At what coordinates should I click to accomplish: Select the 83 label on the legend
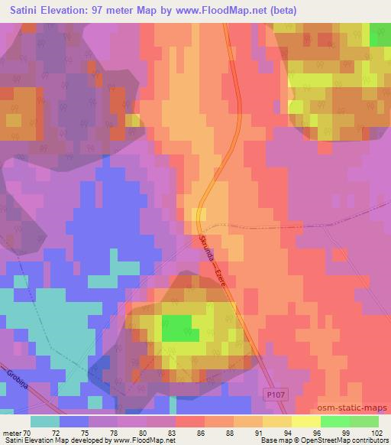(173, 432)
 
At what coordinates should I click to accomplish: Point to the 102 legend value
(376, 432)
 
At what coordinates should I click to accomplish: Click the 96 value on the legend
(318, 432)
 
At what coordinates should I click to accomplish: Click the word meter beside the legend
(11, 432)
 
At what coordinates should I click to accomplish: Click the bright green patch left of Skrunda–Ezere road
(178, 327)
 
